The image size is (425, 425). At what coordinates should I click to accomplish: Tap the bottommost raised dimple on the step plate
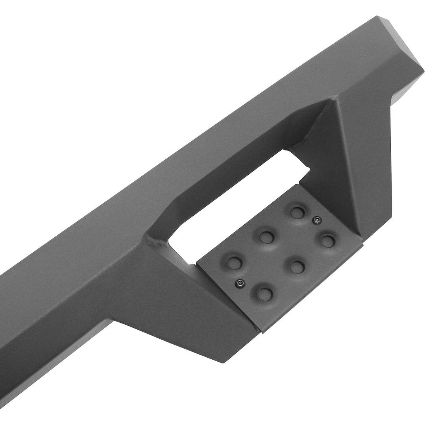[262, 291]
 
